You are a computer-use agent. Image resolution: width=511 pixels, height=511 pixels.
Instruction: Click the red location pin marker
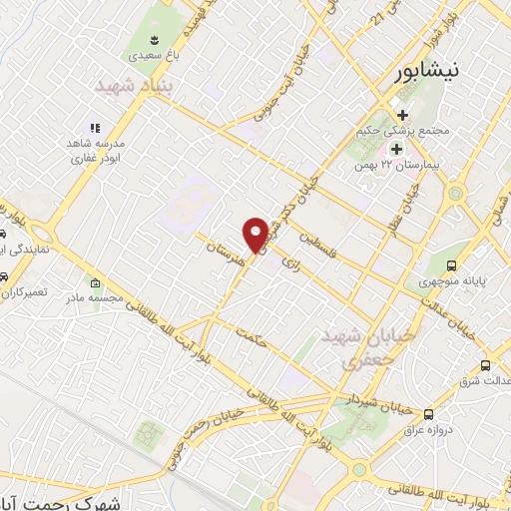coord(256,234)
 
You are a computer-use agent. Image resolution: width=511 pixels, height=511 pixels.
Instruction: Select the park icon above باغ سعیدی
coord(156,40)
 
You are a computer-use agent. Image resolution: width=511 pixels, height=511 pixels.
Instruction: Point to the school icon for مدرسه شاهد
coord(96,128)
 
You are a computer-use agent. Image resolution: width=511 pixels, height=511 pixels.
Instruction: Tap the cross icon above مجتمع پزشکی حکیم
coord(402,115)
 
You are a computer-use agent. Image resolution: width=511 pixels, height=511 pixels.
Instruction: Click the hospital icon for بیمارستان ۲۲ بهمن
coord(396,149)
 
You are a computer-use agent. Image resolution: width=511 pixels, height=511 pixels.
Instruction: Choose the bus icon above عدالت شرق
coord(486,365)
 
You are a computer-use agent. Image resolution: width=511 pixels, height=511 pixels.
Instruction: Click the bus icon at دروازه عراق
coord(429,413)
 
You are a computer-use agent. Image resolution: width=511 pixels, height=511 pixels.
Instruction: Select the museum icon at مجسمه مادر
coord(95,282)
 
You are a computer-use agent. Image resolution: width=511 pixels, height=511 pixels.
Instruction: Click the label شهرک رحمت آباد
coord(75,504)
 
